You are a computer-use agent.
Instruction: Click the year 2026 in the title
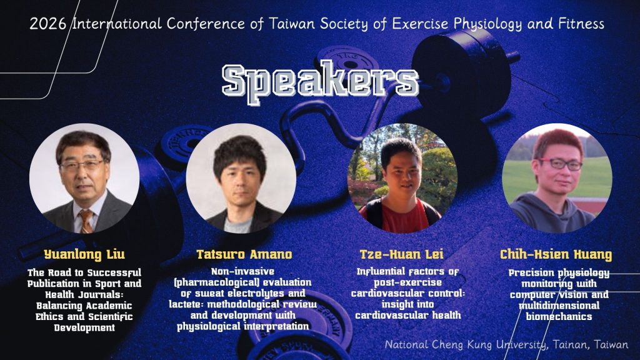point(47,24)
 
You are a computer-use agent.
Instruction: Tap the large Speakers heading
point(321,82)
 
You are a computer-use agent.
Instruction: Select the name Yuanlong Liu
point(84,255)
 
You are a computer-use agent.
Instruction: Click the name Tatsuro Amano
point(244,255)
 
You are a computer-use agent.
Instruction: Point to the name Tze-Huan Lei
point(402,255)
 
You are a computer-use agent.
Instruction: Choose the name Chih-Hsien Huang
point(556,255)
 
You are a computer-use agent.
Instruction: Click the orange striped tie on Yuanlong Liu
point(86,221)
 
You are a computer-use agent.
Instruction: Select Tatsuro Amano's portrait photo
point(241,178)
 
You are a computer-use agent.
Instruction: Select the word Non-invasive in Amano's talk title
point(243,271)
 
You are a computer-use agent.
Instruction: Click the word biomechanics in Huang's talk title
point(559,317)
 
